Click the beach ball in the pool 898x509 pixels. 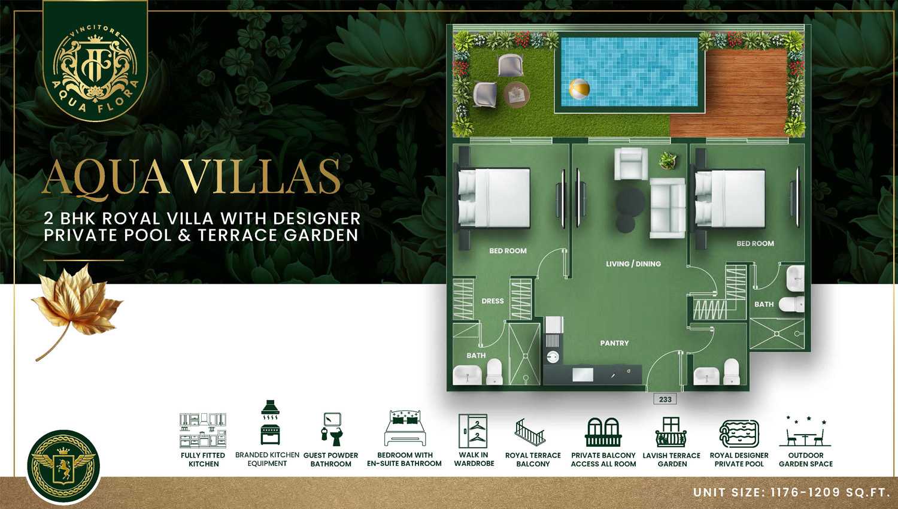tap(580, 89)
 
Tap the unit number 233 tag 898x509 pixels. tap(665, 399)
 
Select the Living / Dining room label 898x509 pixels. tap(633, 264)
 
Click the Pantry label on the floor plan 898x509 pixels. tap(614, 343)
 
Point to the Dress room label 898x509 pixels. tap(492, 301)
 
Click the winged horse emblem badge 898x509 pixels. tap(63, 466)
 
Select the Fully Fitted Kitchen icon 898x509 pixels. tap(203, 431)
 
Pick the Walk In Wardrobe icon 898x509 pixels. tap(473, 431)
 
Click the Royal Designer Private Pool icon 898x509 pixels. tap(739, 434)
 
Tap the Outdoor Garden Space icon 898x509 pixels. tap(805, 432)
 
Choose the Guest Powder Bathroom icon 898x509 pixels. tap(332, 429)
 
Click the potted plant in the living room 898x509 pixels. tap(668, 160)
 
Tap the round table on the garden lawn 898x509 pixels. tap(516, 95)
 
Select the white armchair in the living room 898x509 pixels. tap(631, 163)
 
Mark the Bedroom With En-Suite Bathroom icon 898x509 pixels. tap(405, 428)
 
